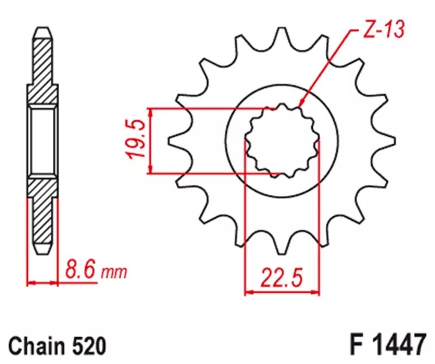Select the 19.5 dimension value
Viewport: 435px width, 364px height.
tap(137, 140)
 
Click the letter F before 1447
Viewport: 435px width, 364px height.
tap(355, 344)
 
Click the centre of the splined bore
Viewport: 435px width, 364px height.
tap(281, 140)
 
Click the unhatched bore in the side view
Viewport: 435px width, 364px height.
tap(42, 140)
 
